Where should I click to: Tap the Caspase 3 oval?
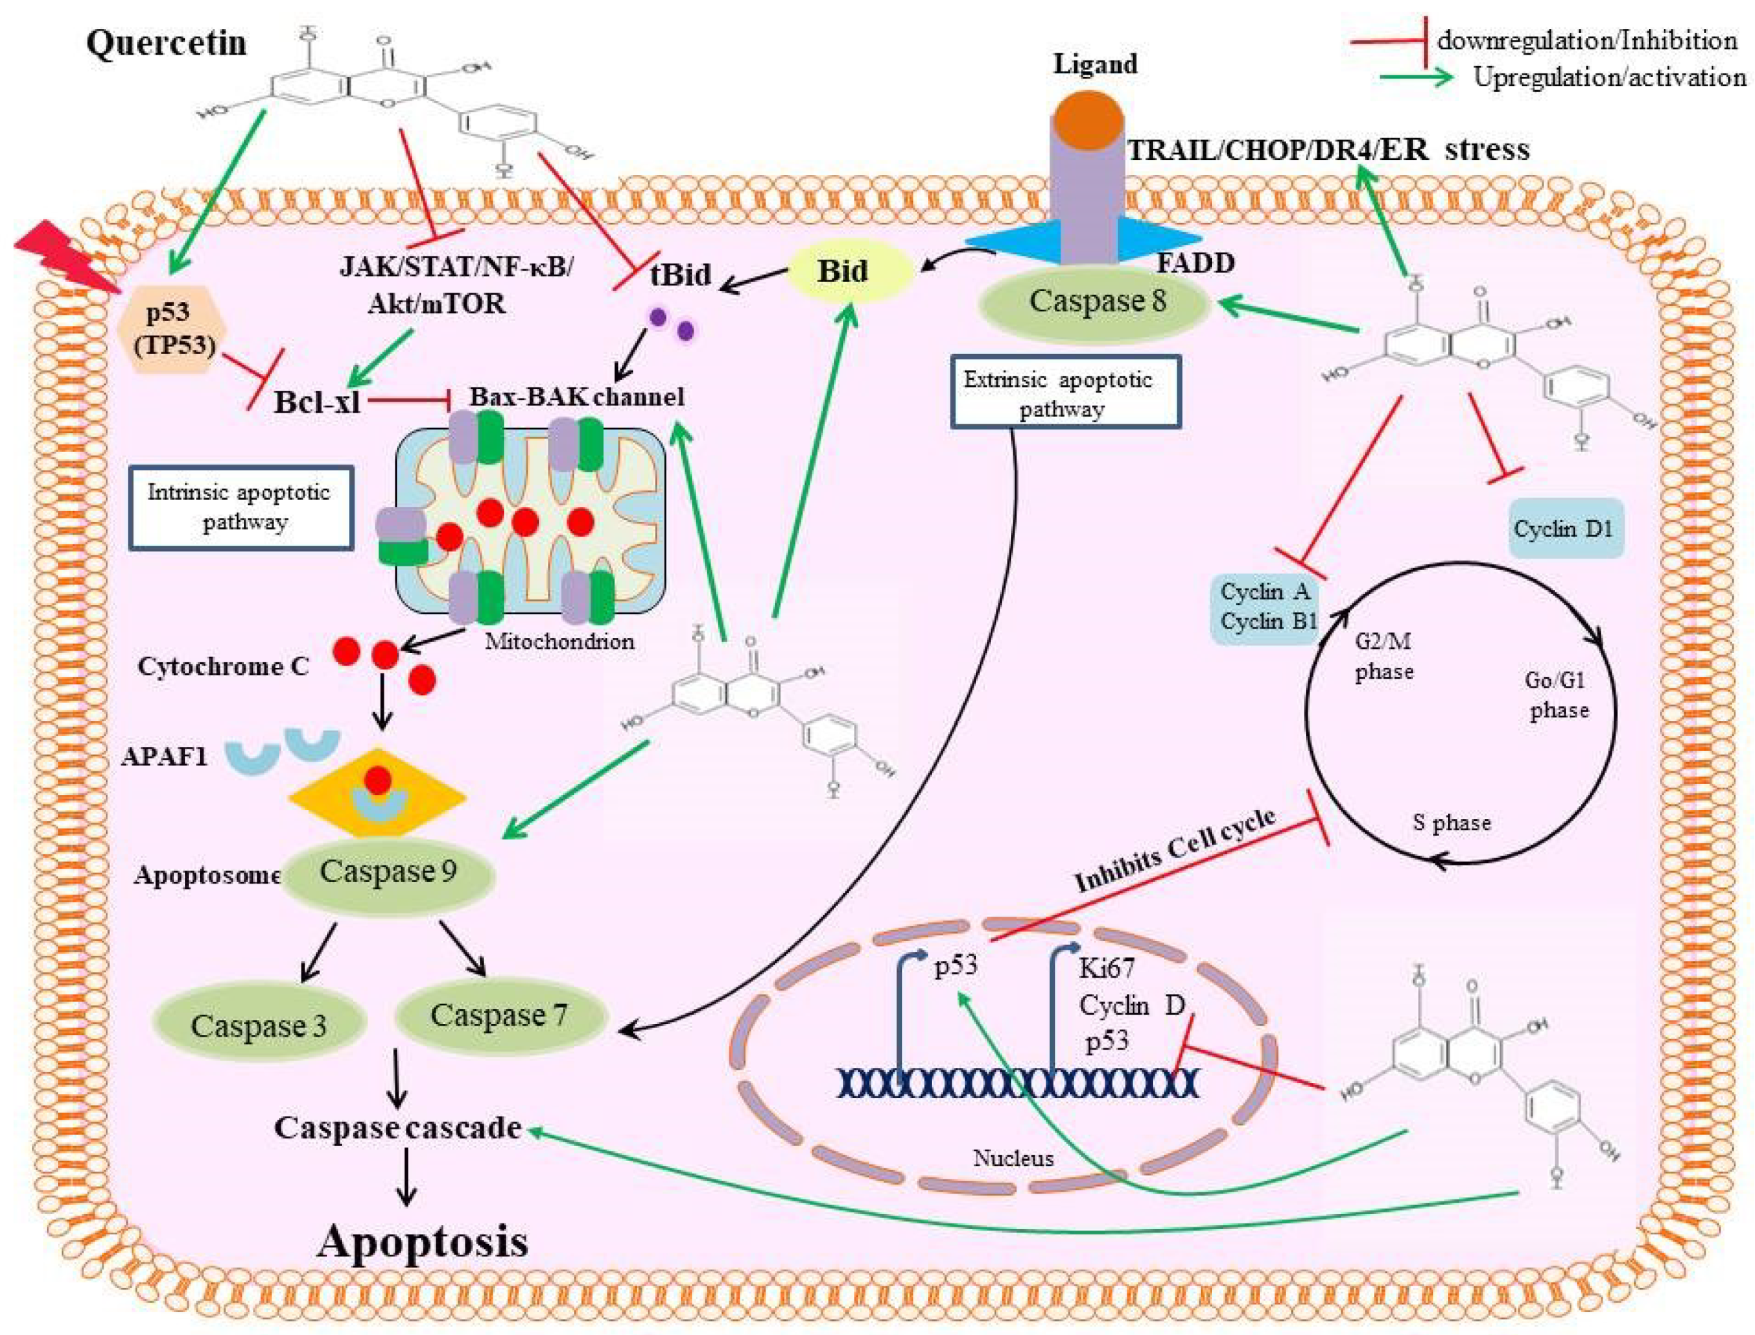pyautogui.click(x=258, y=1025)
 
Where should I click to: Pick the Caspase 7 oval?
pyautogui.click(x=499, y=1016)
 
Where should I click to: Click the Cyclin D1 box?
pyautogui.click(x=1563, y=529)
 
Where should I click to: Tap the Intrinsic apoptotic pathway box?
pyautogui.click(x=240, y=508)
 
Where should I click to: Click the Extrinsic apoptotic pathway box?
pyautogui.click(x=1065, y=393)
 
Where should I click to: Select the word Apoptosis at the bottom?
pyautogui.click(x=423, y=1241)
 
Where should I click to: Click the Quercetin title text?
pyautogui.click(x=167, y=42)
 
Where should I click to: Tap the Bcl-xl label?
pyautogui.click(x=317, y=402)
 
